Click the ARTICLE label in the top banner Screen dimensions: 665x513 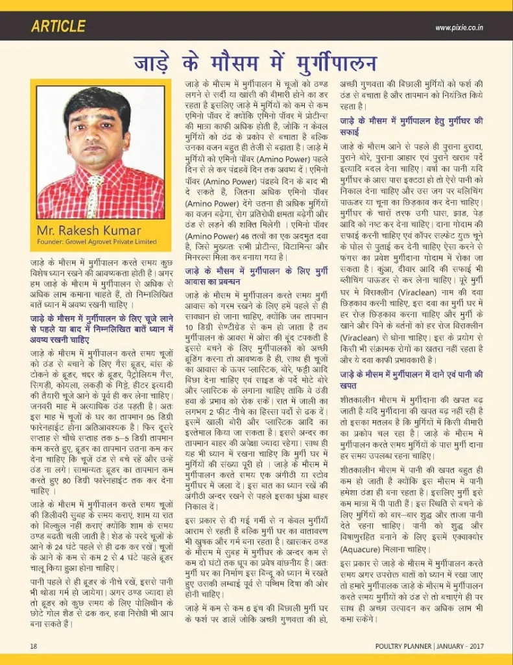click(x=58, y=26)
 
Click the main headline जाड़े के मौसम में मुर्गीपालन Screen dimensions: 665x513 click(x=255, y=63)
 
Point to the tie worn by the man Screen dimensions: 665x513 click(x=95, y=195)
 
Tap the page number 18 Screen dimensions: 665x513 click(x=34, y=646)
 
